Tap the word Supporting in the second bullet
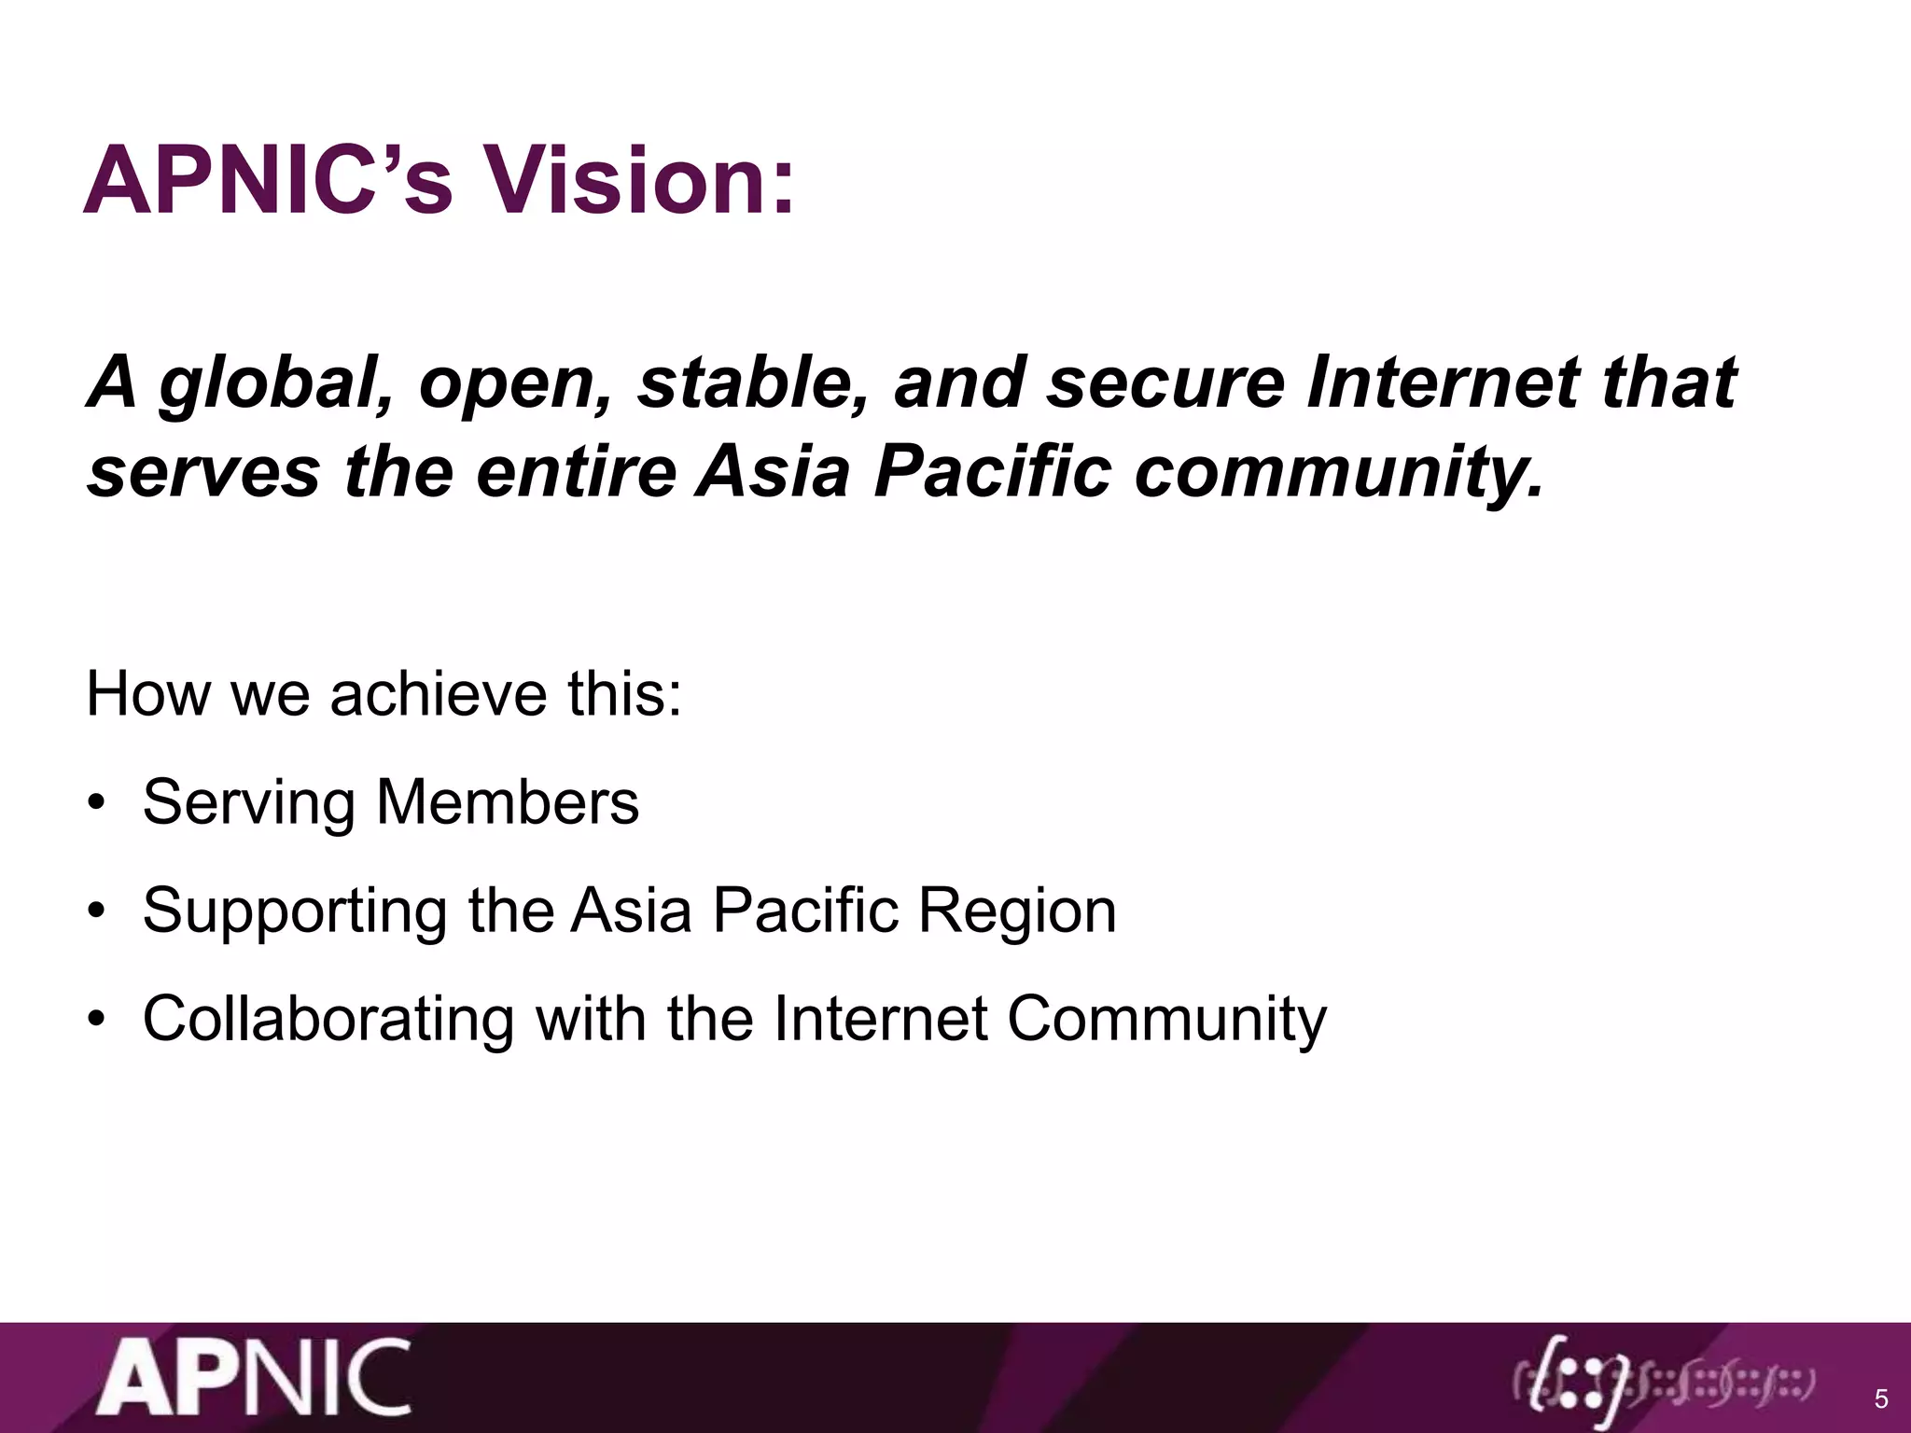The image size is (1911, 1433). tap(295, 911)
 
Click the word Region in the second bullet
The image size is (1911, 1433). tap(1017, 911)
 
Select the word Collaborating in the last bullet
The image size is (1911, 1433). tap(328, 1018)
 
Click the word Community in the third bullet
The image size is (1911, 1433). tap(1166, 1020)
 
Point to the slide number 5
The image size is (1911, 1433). tap(1881, 1399)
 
